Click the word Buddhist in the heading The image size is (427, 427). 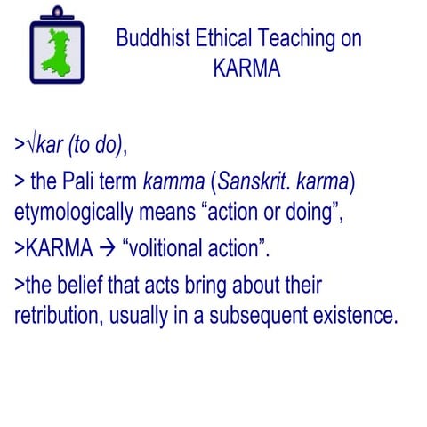tap(153, 39)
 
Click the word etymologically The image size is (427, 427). tap(78, 213)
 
